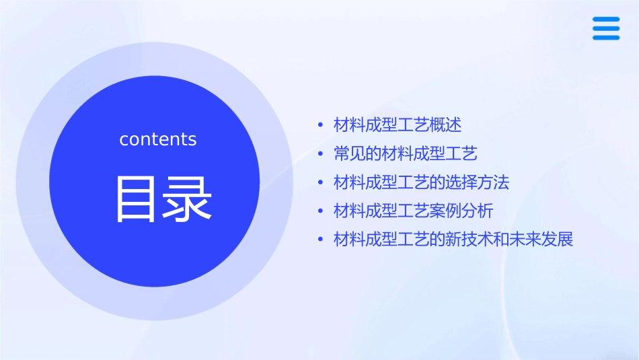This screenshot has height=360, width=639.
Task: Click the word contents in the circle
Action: pos(158,139)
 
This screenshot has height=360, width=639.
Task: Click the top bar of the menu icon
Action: pos(605,20)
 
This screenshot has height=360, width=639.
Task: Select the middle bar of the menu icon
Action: pos(605,28)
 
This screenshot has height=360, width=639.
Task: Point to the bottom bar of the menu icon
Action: pos(605,37)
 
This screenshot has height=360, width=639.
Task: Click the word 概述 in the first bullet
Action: pos(446,124)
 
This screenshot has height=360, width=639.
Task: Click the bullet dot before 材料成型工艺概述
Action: pos(322,125)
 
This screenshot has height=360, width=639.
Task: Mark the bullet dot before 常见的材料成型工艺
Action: pos(322,154)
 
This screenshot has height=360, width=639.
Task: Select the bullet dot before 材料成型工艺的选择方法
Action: pos(322,183)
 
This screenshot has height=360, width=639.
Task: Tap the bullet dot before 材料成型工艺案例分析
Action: pos(322,212)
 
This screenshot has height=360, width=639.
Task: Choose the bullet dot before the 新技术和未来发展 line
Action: pos(322,240)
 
